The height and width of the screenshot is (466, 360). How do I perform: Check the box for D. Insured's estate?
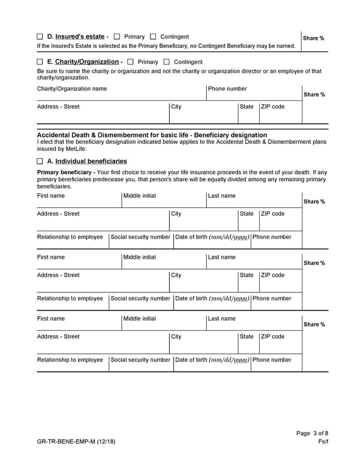pyautogui.click(x=40, y=37)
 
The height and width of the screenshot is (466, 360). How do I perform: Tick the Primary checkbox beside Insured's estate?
pyautogui.click(x=117, y=37)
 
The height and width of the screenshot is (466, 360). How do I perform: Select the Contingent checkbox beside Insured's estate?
pyautogui.click(x=153, y=37)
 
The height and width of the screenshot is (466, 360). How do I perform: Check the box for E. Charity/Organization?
pyautogui.click(x=40, y=62)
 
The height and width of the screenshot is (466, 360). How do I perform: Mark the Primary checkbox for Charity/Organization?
pyautogui.click(x=130, y=62)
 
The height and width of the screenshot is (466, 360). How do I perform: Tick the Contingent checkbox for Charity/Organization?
pyautogui.click(x=166, y=62)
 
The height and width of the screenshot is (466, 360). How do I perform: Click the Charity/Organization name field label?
pyautogui.click(x=72, y=89)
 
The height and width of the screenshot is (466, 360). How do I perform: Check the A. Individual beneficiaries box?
pyautogui.click(x=40, y=161)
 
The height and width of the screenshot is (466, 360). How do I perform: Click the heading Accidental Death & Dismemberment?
pyautogui.click(x=152, y=135)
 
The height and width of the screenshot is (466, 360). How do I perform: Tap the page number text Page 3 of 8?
pyautogui.click(x=312, y=433)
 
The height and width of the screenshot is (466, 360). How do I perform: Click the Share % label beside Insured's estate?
pyautogui.click(x=314, y=38)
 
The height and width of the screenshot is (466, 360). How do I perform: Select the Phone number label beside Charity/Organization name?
pyautogui.click(x=227, y=89)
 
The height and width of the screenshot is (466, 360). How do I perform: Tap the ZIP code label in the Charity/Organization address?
pyautogui.click(x=273, y=107)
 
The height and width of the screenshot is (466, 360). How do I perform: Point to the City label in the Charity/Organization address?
pyautogui.click(x=176, y=107)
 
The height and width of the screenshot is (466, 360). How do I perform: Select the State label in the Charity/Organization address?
pyautogui.click(x=247, y=107)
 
